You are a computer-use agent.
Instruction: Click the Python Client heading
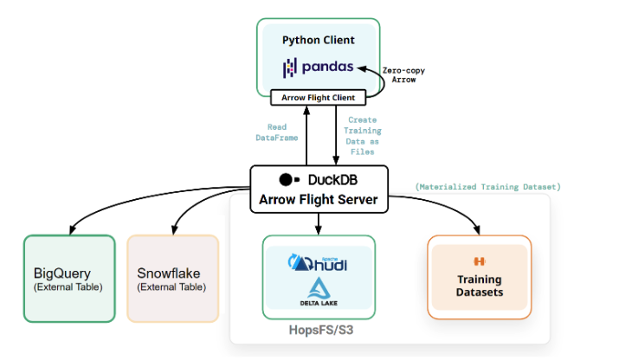317,40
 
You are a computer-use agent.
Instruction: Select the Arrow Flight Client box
318,98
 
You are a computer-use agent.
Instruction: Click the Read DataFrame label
276,132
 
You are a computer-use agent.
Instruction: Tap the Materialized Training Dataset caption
487,186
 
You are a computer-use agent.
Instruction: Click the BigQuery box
69,278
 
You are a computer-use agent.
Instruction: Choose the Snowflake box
172,278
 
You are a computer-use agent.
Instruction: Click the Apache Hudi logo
319,260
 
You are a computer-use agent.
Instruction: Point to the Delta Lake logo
319,292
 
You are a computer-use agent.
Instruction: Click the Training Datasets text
479,286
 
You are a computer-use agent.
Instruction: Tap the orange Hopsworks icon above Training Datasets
479,260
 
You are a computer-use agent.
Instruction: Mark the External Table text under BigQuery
68,286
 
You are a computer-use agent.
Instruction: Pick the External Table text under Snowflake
171,286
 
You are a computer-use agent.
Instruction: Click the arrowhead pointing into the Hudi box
319,231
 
